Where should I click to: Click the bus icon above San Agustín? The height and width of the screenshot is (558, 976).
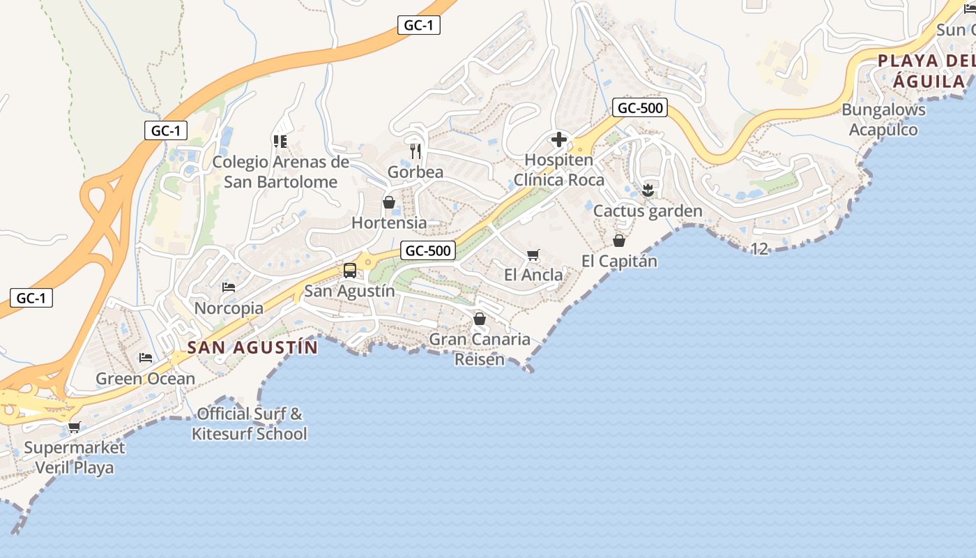[x=350, y=271]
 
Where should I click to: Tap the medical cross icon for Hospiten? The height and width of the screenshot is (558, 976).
[x=559, y=140]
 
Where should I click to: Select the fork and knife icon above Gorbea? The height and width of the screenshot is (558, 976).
[x=415, y=151]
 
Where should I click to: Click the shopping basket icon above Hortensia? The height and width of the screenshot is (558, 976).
[x=389, y=202]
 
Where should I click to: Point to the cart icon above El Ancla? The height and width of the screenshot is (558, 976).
[x=533, y=255]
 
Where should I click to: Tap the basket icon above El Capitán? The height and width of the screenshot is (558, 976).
[x=619, y=241]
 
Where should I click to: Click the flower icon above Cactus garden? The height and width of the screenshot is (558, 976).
[x=648, y=190]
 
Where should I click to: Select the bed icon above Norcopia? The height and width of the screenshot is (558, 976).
[x=229, y=287]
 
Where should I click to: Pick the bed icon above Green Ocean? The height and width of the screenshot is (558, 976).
[x=146, y=358]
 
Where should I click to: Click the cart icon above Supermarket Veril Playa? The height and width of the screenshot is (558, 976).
[x=75, y=427]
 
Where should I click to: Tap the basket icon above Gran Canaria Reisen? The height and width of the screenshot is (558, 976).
[x=480, y=319]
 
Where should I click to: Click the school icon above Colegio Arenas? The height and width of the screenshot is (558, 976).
[x=280, y=142]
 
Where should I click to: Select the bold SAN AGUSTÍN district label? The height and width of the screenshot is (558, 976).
[x=252, y=347]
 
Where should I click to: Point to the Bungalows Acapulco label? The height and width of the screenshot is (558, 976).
[x=883, y=119]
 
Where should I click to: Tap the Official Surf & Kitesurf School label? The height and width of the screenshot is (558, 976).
[x=250, y=423]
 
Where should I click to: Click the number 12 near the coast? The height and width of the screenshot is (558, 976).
[x=759, y=249]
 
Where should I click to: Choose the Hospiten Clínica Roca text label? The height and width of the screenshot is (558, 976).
[x=559, y=169]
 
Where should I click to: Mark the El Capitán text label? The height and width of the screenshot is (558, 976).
[x=620, y=262]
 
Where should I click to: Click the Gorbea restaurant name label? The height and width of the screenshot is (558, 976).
[x=415, y=172]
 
